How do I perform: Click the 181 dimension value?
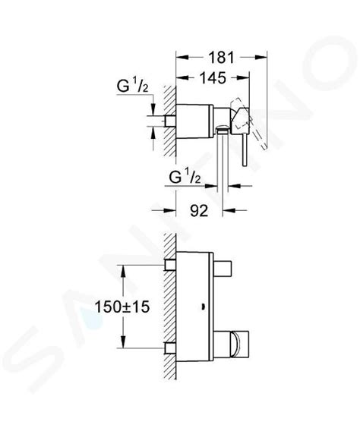[x=221, y=58]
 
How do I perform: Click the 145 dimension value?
[x=213, y=78]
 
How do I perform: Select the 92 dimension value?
[x=199, y=211]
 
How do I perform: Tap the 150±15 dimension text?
[x=122, y=307]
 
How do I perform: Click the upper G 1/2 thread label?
[x=132, y=87]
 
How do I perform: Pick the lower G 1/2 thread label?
[x=185, y=178]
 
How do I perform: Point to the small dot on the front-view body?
[x=203, y=307]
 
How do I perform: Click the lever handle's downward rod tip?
[x=245, y=165]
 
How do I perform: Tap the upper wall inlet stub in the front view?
[x=170, y=265]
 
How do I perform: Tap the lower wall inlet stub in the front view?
[x=170, y=348]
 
